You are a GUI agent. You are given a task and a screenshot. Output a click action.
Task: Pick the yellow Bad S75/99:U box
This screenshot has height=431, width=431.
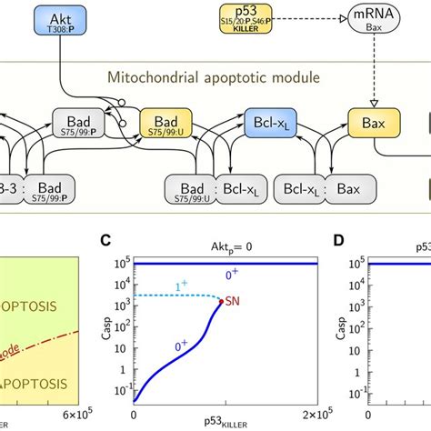point(166,125)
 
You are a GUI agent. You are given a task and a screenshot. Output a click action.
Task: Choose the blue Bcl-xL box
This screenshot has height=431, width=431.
point(272,123)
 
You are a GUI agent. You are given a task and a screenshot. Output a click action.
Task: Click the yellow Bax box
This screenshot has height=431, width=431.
point(372,123)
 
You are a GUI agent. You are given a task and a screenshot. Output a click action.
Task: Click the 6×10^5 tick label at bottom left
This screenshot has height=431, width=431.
point(75,416)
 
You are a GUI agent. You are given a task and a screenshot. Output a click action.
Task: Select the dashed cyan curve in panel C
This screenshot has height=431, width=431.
point(182,296)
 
